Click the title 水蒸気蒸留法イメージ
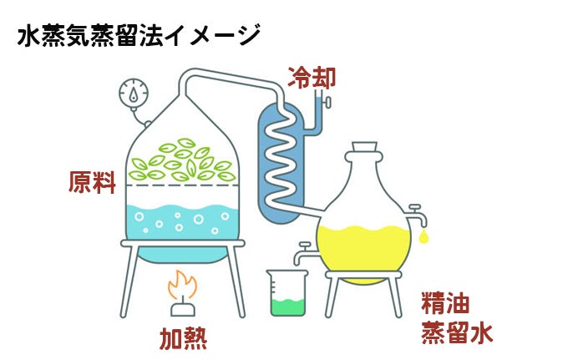click(138, 38)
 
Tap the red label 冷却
click(312, 78)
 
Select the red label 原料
click(91, 183)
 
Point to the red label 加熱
click(183, 338)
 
